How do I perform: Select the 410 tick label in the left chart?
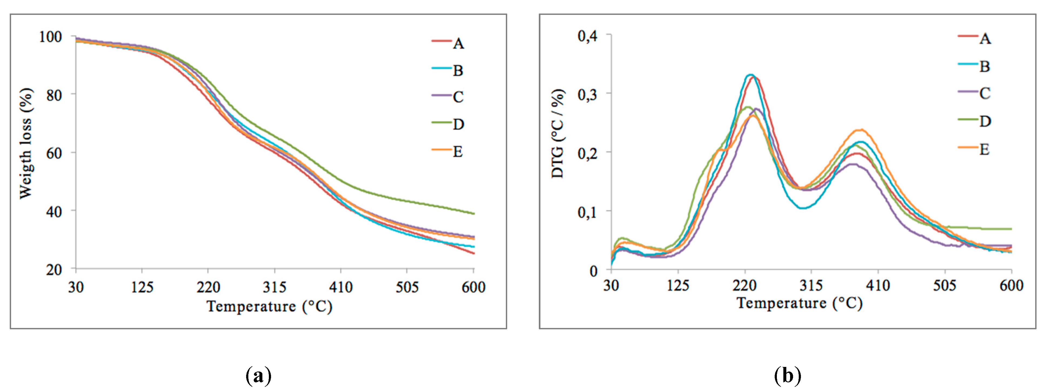(x=341, y=287)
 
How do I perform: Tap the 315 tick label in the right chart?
(x=811, y=286)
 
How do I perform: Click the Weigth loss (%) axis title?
(x=26, y=143)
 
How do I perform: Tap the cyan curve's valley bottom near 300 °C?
(x=803, y=208)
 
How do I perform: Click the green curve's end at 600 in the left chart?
(x=473, y=213)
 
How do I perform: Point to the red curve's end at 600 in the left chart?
(x=473, y=253)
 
